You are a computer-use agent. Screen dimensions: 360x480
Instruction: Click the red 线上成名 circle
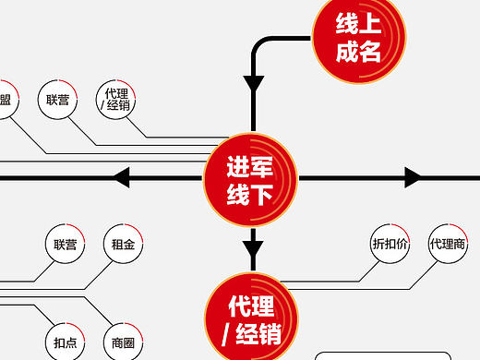pyautogui.click(x=358, y=37)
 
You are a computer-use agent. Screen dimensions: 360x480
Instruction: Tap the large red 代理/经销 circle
pyautogui.click(x=250, y=317)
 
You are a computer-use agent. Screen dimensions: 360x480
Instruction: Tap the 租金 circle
pyautogui.click(x=124, y=245)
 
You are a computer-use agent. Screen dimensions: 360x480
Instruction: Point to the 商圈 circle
pyautogui.click(x=124, y=342)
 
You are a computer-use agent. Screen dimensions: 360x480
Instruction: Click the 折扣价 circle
pyautogui.click(x=388, y=245)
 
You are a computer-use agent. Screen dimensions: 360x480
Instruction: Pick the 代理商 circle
pyautogui.click(x=447, y=245)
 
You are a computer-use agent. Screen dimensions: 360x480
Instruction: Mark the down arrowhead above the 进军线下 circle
pyautogui.click(x=253, y=84)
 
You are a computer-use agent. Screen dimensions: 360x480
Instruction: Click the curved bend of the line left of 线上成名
pyautogui.click(x=261, y=46)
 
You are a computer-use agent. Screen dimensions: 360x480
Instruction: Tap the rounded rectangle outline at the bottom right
pyautogui.click(x=397, y=354)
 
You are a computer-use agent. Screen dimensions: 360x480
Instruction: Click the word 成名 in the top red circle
pyautogui.click(x=358, y=52)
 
